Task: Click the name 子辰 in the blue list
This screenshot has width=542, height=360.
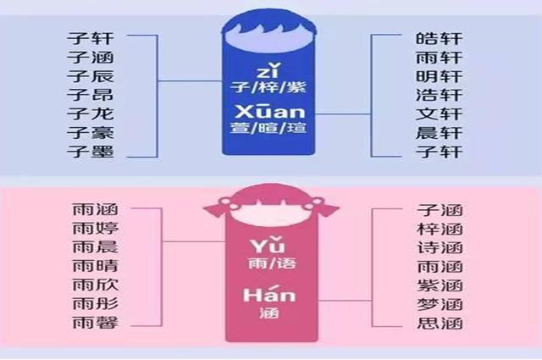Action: (x=91, y=76)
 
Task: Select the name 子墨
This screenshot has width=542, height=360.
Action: (x=91, y=152)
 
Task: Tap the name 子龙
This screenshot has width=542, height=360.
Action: (x=91, y=114)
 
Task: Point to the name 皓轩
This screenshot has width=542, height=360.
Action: (x=439, y=38)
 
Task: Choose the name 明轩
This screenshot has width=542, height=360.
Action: (x=439, y=76)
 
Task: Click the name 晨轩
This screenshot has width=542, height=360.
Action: (x=439, y=133)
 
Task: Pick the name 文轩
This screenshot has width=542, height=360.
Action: (x=439, y=114)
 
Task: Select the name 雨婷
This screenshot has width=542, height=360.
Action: (x=96, y=228)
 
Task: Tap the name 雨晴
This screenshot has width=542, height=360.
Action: (x=96, y=266)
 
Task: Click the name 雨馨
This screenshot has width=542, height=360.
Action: (x=96, y=322)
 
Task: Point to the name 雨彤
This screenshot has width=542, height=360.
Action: (x=96, y=303)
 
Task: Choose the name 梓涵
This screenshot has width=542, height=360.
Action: (x=440, y=229)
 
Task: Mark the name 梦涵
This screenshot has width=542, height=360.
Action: (x=440, y=304)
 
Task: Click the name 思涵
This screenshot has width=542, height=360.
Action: (x=440, y=324)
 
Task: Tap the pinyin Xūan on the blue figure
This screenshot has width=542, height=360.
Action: (x=270, y=111)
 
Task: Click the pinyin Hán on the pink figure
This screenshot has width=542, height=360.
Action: (x=269, y=294)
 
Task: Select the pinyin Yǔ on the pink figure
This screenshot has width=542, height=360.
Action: (x=268, y=245)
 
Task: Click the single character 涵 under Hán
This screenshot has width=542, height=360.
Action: (x=269, y=313)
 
